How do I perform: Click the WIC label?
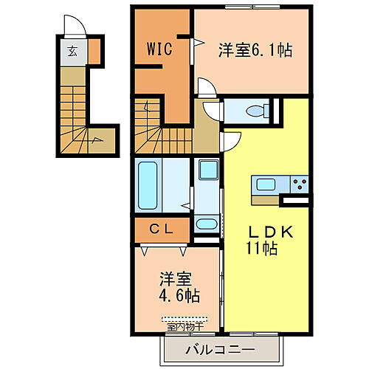pyautogui.click(x=159, y=50)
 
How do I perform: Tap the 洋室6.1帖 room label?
pyautogui.click(x=255, y=50)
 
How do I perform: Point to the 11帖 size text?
pyautogui.click(x=262, y=249)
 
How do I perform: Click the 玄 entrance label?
pyautogui.click(x=73, y=52)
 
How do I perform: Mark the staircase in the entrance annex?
pyautogui.click(x=77, y=118)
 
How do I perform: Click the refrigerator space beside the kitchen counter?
pyautogui.click(x=295, y=200)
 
